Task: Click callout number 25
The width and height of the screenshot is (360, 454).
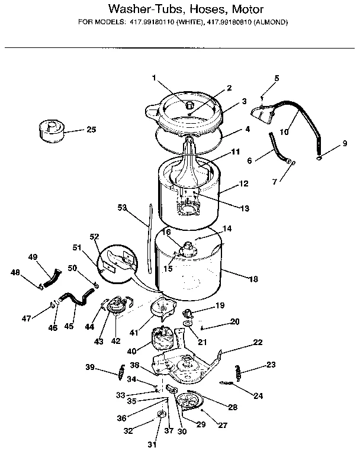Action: point(91,130)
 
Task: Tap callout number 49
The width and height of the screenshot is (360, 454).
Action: point(33,257)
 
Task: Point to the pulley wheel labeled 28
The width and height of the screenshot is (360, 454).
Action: point(191,402)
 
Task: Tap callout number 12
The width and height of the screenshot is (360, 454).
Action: point(243,183)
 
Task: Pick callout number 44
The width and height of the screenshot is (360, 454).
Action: point(89,327)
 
